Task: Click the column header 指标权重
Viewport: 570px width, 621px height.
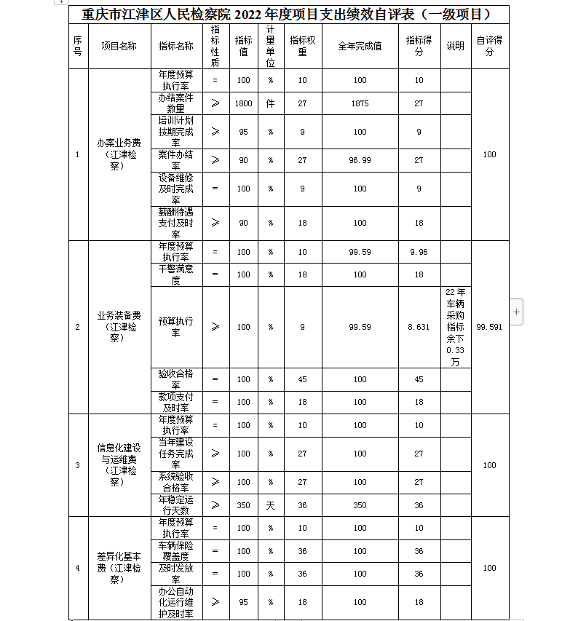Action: (302, 46)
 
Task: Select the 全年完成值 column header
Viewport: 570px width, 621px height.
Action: (360, 46)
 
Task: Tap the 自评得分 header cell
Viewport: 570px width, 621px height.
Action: (489, 46)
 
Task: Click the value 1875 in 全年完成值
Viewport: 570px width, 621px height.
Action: (360, 103)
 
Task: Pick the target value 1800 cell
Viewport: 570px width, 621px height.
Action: (244, 103)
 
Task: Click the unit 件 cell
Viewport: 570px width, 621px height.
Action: (270, 103)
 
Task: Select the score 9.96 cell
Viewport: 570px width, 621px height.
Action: (419, 252)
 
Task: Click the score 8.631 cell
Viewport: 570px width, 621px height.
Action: (419, 327)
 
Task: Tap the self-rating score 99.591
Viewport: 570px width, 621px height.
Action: (489, 327)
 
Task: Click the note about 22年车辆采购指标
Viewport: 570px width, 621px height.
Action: (455, 327)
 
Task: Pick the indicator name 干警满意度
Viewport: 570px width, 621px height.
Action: (176, 274)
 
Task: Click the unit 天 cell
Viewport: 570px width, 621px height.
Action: (270, 505)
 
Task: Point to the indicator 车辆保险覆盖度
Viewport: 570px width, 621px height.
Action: (176, 551)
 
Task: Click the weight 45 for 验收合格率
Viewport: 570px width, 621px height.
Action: (302, 379)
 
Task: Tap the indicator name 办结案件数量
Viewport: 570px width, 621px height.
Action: (176, 103)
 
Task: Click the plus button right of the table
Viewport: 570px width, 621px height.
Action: (517, 312)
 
